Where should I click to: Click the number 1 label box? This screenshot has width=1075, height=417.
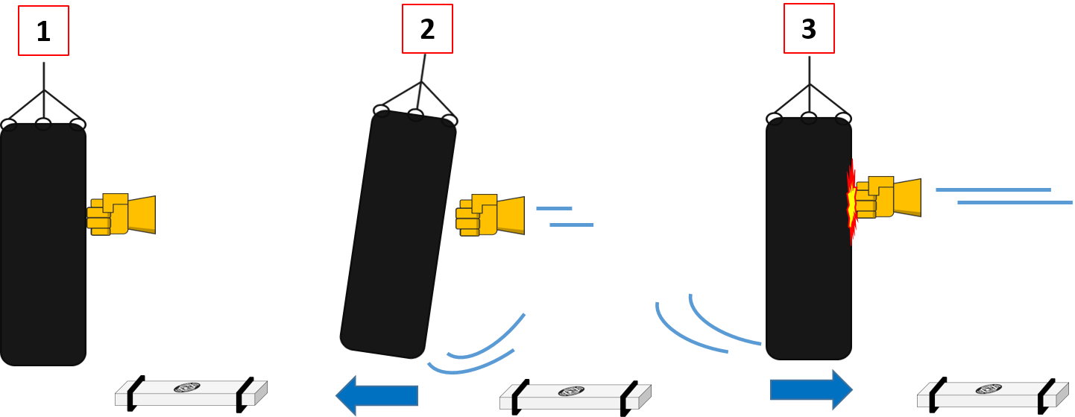point(43,31)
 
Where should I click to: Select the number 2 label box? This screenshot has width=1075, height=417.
point(427,28)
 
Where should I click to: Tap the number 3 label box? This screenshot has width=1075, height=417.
point(809,28)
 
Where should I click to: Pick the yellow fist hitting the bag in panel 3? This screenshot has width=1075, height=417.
point(887,198)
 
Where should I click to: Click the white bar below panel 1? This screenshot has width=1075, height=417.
point(191,392)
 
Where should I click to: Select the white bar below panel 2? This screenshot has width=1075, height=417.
point(575,396)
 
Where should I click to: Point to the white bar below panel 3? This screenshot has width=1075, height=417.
point(992,394)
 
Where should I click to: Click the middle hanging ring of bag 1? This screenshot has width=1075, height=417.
point(43,124)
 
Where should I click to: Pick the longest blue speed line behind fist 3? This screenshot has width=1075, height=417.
point(1015,202)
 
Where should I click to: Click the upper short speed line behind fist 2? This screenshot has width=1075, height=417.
point(554,208)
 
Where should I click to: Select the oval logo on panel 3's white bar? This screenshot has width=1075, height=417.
point(988,389)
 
